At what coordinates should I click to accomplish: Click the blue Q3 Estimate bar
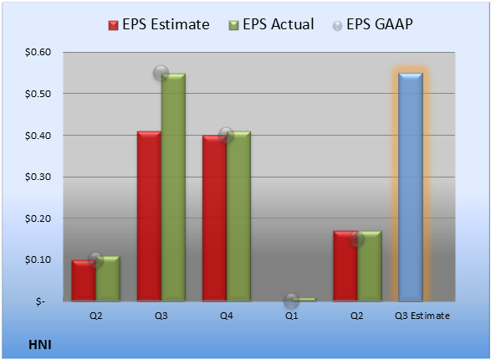point(411,187)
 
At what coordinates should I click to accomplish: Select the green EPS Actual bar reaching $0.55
point(173,187)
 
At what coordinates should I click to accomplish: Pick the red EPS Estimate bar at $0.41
point(149,216)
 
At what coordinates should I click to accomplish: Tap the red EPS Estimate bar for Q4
point(214,219)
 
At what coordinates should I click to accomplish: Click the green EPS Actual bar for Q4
point(238,216)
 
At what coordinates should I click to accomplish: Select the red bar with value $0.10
point(84,280)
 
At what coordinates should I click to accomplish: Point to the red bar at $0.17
point(345,266)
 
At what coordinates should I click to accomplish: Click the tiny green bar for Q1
point(304,300)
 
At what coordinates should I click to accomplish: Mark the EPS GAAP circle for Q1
point(291,301)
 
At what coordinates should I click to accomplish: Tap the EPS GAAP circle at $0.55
point(161,74)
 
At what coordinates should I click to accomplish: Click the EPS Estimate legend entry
point(159,24)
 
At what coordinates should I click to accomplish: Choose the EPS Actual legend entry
point(271,24)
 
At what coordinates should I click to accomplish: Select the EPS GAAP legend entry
point(372,24)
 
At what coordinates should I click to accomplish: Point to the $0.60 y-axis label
point(38,52)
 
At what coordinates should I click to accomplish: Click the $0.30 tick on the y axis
point(38,177)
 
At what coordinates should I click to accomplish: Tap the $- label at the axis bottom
point(40,301)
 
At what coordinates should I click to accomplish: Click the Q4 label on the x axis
point(227,316)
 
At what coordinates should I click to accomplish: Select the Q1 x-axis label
point(292,316)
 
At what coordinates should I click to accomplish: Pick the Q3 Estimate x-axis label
point(422,316)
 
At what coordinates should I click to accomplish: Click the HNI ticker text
point(40,345)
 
